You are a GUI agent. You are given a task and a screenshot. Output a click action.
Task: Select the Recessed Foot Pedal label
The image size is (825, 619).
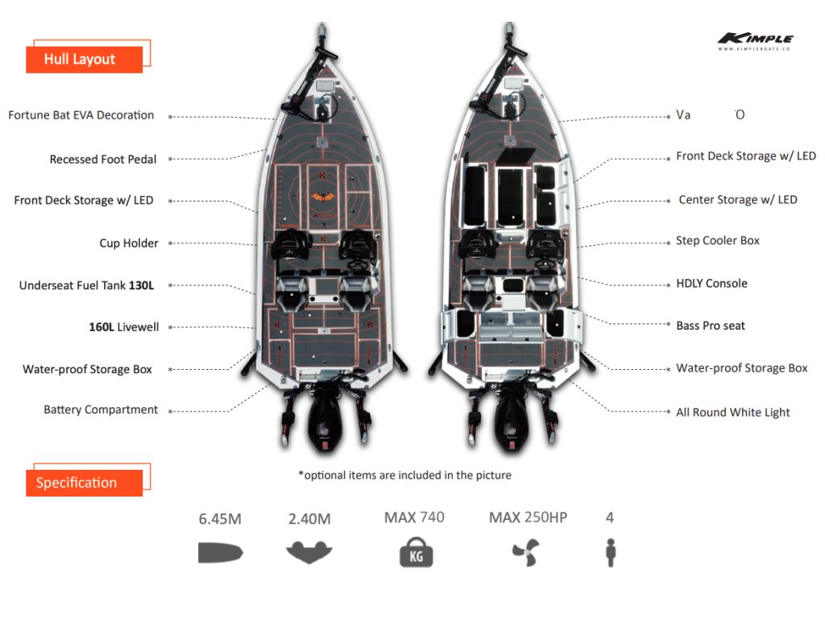click(x=103, y=160)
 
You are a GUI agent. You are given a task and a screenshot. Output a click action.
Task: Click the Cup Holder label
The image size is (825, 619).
click(x=129, y=243)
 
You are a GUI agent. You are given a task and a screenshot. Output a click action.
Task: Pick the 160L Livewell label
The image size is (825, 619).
click(x=124, y=327)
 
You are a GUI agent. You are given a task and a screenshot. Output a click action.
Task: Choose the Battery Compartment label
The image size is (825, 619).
click(x=101, y=409)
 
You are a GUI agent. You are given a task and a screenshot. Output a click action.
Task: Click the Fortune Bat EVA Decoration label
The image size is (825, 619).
click(x=81, y=115)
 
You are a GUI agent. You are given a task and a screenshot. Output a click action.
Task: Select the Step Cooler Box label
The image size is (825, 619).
click(x=718, y=241)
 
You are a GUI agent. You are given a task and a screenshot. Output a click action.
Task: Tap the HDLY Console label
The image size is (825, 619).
click(x=711, y=284)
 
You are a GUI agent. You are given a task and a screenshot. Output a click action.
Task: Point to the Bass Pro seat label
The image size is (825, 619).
click(x=711, y=326)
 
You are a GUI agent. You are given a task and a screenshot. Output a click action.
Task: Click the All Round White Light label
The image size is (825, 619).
click(x=732, y=413)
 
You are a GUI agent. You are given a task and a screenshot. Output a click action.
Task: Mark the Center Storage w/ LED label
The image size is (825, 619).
click(x=737, y=200)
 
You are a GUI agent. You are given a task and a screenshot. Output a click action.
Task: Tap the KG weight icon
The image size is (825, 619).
click(x=416, y=555)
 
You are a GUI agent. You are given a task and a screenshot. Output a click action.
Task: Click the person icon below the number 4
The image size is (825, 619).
click(x=610, y=552)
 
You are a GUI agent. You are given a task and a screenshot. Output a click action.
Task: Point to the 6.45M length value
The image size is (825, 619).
click(x=220, y=519)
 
